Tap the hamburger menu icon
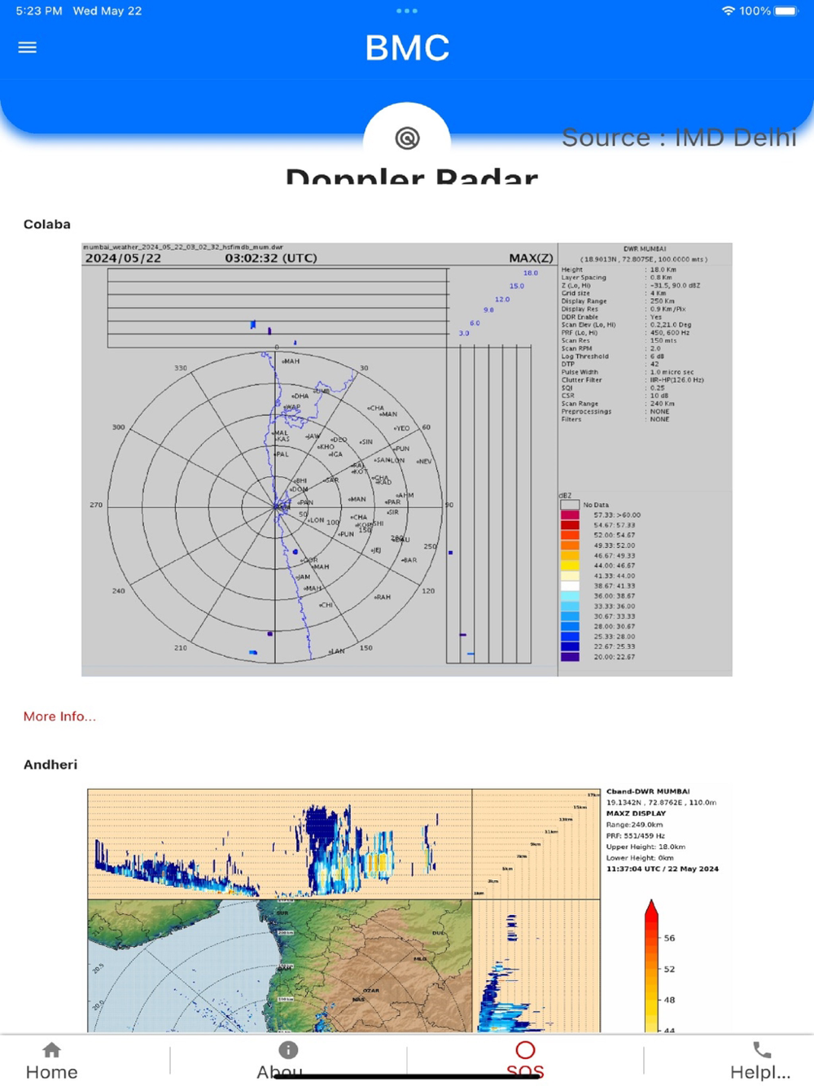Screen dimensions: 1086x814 click(x=28, y=47)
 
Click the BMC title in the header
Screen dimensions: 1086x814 click(x=407, y=48)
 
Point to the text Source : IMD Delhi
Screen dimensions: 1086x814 click(x=678, y=138)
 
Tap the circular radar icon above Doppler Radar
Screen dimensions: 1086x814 click(x=407, y=138)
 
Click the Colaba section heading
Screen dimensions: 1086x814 click(x=46, y=225)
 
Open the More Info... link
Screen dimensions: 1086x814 click(x=59, y=716)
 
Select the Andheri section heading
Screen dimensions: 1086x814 click(x=50, y=764)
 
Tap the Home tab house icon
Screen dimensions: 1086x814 click(x=51, y=1050)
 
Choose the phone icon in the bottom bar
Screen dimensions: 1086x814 click(x=761, y=1050)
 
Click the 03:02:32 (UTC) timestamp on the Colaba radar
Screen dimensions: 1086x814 click(x=271, y=258)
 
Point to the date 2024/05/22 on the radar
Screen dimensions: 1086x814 click(x=123, y=258)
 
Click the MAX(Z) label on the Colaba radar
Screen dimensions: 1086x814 click(x=531, y=258)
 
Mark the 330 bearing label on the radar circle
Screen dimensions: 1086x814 click(x=181, y=368)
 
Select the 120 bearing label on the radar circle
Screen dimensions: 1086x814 click(x=428, y=591)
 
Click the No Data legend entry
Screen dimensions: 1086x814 click(x=595, y=505)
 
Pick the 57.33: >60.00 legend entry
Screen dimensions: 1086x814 click(x=616, y=515)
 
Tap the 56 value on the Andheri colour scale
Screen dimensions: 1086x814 click(x=669, y=938)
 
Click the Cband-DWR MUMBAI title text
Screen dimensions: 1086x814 click(x=648, y=791)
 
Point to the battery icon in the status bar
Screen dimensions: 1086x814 click(x=786, y=11)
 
